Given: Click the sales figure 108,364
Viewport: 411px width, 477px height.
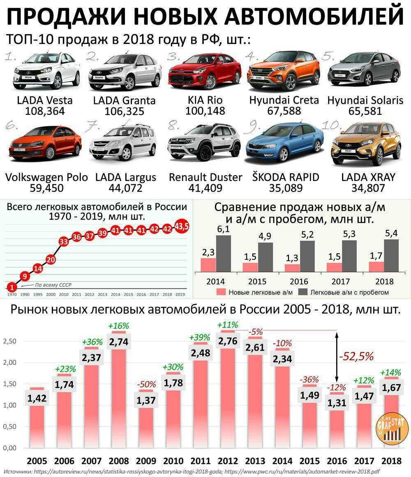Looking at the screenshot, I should coord(45,111).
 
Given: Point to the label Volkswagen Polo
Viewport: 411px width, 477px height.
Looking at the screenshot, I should coord(46,177).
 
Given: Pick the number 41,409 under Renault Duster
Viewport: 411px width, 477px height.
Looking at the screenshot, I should coord(205,188).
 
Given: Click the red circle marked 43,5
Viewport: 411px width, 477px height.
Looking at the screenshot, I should coord(181,227).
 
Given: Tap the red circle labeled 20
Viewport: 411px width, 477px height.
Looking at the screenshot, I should coord(51,259).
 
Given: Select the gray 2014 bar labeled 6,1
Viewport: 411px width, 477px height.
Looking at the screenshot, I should coord(223,253).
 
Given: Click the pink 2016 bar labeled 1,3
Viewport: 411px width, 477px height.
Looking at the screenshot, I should coord(292,267).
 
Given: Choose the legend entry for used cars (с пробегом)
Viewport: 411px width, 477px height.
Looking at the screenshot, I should coord(344,292).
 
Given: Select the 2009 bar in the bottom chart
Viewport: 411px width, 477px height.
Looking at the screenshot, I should coord(146,424).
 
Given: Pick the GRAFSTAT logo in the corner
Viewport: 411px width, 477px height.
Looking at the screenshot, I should coord(389,430).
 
